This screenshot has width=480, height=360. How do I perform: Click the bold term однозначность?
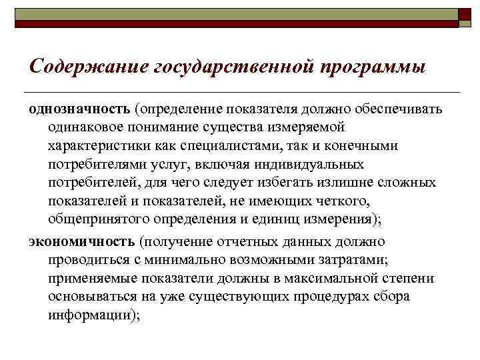tap(80, 109)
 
